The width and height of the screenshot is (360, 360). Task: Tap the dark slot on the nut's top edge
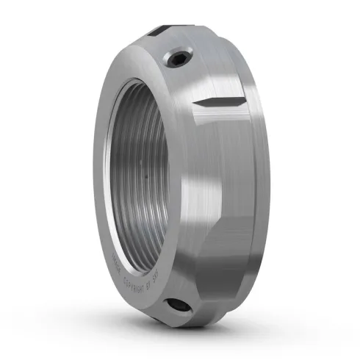point(162,31)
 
